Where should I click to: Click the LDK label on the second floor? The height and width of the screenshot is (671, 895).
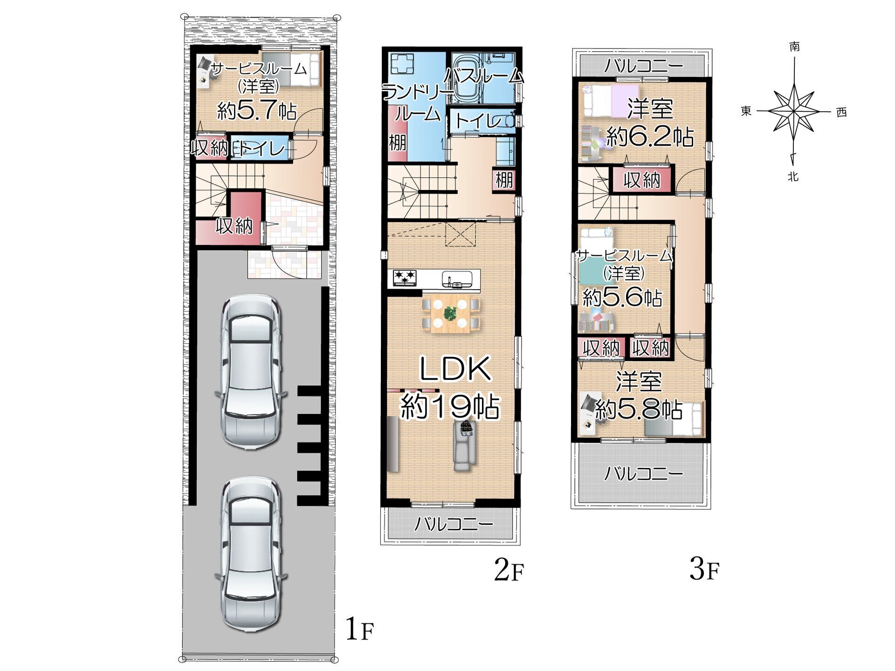point(455,368)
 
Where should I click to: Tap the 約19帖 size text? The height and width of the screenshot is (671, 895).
point(451,406)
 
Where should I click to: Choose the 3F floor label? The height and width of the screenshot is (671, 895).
point(704,569)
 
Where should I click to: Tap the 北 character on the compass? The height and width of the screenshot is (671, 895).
point(793,176)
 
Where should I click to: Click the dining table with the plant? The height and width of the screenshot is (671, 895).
point(450,315)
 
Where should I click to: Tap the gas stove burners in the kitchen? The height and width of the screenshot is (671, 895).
point(405,278)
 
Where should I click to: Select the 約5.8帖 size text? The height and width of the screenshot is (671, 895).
point(639,409)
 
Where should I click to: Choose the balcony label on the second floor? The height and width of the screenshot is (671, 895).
point(454,524)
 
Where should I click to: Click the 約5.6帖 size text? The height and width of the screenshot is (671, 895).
point(622,297)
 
